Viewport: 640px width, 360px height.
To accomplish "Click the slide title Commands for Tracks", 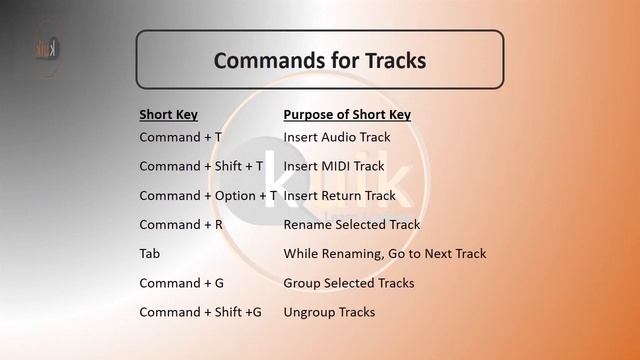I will [x=320, y=61].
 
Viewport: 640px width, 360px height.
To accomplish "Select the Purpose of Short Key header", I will [x=347, y=114].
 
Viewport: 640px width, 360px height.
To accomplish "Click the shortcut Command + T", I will [x=181, y=137].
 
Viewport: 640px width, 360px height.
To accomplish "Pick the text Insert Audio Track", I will [x=337, y=137].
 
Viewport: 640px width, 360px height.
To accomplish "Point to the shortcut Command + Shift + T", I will [x=202, y=166].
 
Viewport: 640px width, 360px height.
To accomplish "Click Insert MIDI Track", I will [x=334, y=166].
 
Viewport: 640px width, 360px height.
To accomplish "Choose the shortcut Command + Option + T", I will [x=207, y=196].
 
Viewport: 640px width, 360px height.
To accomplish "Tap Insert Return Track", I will [x=340, y=196].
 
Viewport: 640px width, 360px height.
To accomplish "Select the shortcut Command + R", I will [x=181, y=225].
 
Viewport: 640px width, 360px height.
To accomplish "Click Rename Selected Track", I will [x=352, y=225].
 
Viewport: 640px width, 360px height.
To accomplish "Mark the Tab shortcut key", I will [x=150, y=254].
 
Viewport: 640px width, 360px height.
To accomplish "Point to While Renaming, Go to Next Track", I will [x=385, y=254].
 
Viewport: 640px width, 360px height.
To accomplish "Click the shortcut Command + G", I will [x=182, y=283].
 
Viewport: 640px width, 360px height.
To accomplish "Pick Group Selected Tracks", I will [x=349, y=283].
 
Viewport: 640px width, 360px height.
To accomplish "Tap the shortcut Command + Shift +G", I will [x=201, y=312].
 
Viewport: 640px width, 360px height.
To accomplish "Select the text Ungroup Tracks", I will [x=330, y=312].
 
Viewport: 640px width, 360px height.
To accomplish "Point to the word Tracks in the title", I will [x=392, y=61].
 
